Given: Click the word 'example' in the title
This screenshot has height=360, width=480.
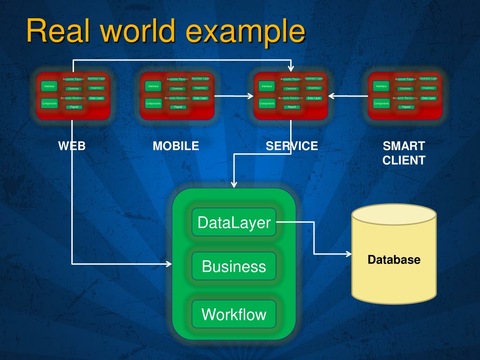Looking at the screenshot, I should pos(245,32).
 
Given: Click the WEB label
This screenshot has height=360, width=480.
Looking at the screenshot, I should pos(72,146).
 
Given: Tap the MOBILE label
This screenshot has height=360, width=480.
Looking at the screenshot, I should pos(176,146).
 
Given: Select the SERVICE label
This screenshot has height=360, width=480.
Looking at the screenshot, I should pos(292,146).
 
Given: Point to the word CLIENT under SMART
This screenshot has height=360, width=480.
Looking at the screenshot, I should pos(404,160).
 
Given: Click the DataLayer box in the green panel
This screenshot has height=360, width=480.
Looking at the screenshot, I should pos(234,222).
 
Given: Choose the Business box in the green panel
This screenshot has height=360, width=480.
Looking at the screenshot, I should pos(234,266).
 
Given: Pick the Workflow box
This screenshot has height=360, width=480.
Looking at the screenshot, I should pos(234,314).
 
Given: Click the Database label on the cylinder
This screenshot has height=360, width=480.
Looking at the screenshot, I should pos(394,259).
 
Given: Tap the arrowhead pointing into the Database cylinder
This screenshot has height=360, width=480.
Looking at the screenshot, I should pos(349,254).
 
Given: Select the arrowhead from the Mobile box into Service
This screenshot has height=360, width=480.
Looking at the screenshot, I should pos(250,97).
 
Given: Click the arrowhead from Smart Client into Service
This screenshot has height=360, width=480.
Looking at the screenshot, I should pos(331,97).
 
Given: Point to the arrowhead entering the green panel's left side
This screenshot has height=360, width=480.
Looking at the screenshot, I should pos(169,264).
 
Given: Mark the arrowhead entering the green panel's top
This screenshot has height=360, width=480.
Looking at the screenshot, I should pos(234,184).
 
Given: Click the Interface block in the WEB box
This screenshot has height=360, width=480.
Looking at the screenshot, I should pos(49,86).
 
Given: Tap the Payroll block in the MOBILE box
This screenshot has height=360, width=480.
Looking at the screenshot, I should pos(178,107).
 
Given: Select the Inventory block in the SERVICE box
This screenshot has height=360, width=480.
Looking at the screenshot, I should pos(314,88).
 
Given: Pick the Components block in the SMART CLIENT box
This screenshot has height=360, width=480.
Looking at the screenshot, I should pos(382,103).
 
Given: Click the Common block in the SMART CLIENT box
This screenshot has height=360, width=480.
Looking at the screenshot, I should pos(405,89).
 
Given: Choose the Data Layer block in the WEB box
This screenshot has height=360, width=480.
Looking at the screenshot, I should pos(96,98).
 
